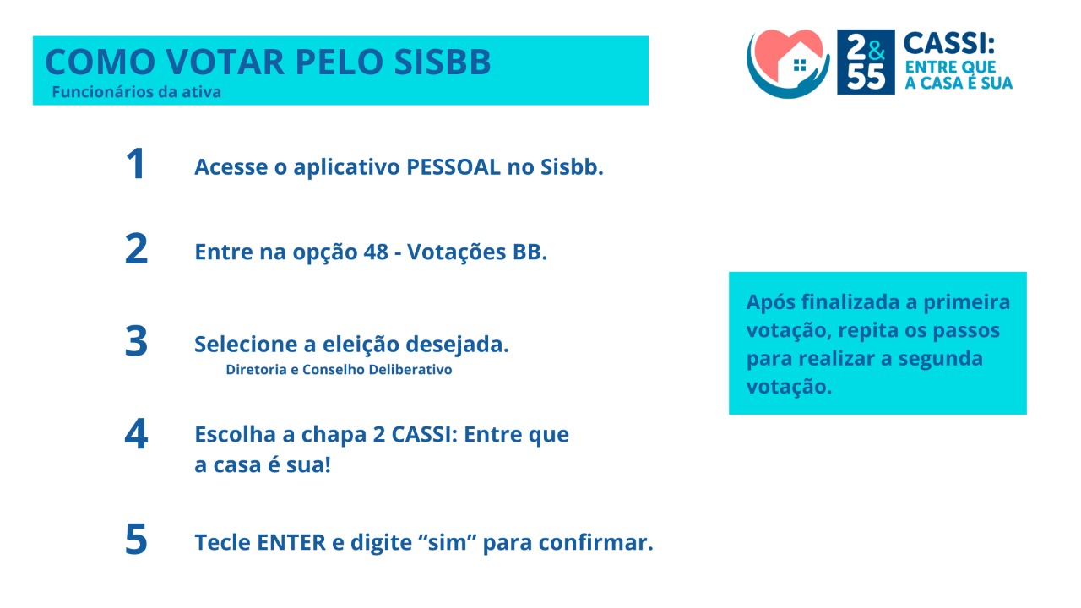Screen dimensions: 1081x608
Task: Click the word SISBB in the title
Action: [x=443, y=62]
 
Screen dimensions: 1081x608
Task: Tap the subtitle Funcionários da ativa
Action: [x=137, y=92]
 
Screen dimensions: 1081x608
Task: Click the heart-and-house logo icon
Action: [x=788, y=63]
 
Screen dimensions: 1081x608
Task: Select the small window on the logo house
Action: [x=800, y=65]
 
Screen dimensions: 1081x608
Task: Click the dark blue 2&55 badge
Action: [x=866, y=62]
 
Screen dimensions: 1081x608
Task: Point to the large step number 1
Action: [x=136, y=164]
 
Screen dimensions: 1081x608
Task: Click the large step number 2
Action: [x=136, y=248]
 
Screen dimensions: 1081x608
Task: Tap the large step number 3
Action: [x=136, y=341]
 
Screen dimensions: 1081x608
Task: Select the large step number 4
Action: [x=136, y=434]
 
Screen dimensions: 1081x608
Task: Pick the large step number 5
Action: [x=136, y=539]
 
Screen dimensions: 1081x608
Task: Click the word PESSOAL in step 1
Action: [x=454, y=167]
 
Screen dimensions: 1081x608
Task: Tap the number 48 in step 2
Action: [x=376, y=252]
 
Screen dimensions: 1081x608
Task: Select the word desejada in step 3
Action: [x=457, y=345]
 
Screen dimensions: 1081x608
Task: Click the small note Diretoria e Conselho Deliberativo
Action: [x=339, y=370]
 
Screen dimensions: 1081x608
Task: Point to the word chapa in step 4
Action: [x=334, y=435]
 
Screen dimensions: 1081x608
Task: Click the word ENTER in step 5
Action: [x=291, y=542]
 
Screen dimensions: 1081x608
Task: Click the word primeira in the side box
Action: [x=967, y=303]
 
